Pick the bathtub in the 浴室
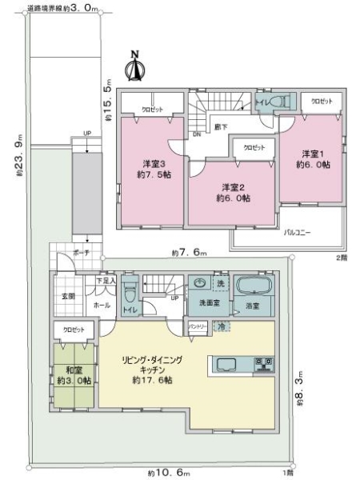(x=254, y=286)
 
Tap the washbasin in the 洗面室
(x=200, y=286)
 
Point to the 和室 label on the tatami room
(x=70, y=370)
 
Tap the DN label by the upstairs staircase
(x=195, y=135)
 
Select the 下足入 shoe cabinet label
(x=107, y=282)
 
